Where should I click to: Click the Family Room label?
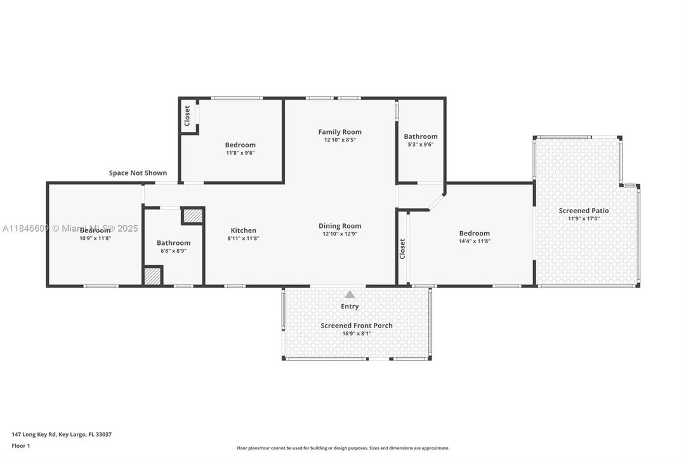click(x=340, y=132)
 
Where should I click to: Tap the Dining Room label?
click(x=340, y=226)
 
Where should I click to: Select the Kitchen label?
click(x=243, y=230)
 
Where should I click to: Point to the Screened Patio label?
click(x=583, y=211)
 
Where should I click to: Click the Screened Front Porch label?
click(x=356, y=326)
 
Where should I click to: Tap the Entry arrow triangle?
click(x=350, y=295)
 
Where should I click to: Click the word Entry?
click(x=350, y=307)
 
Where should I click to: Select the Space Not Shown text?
click(x=138, y=173)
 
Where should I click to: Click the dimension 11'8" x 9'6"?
click(x=240, y=153)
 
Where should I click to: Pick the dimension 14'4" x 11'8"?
click(x=474, y=241)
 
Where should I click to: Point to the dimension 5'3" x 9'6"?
click(x=420, y=145)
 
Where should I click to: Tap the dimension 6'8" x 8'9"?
click(x=173, y=251)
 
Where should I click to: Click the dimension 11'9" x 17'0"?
click(x=583, y=219)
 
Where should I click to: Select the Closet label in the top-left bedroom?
click(x=187, y=116)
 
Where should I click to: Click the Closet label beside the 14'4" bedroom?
click(x=402, y=249)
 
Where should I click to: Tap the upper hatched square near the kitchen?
click(x=192, y=216)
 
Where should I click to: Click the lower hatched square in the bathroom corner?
click(x=152, y=276)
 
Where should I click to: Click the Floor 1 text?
click(x=20, y=446)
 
